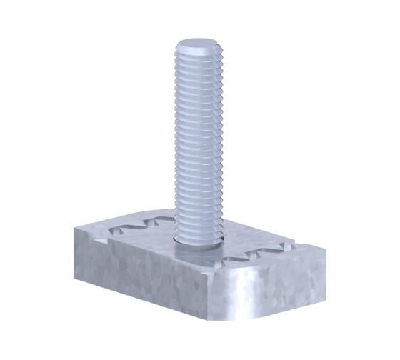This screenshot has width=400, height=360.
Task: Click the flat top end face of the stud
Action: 196,48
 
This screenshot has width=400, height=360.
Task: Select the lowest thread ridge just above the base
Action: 198,228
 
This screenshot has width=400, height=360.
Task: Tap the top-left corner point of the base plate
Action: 74,227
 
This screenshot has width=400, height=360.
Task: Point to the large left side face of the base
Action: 143,271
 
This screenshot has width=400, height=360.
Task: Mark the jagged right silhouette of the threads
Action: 224,143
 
